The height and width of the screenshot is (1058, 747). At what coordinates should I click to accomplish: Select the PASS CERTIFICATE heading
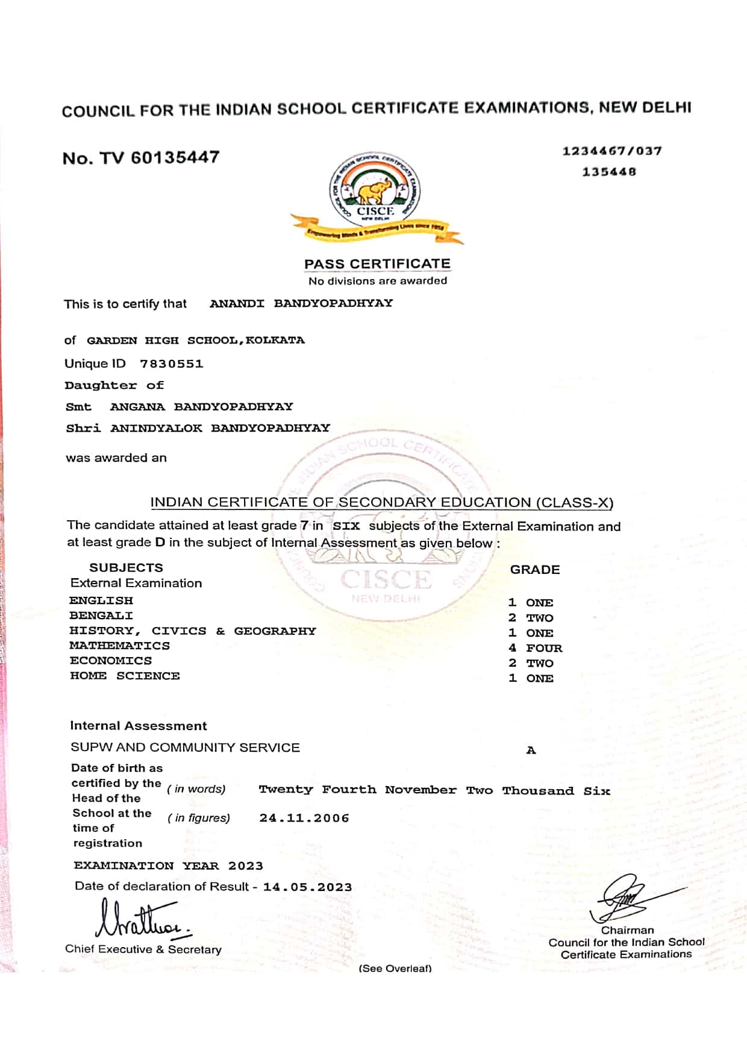pyautogui.click(x=377, y=264)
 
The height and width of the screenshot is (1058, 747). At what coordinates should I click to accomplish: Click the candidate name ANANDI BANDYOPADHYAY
pyautogui.click(x=301, y=303)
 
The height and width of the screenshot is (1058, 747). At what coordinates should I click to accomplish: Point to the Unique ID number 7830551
pyautogui.click(x=172, y=364)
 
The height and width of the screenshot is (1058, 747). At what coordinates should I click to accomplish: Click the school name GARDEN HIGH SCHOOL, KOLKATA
pyautogui.click(x=195, y=340)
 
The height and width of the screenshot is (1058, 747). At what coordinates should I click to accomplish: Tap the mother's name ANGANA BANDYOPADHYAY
pyautogui.click(x=201, y=406)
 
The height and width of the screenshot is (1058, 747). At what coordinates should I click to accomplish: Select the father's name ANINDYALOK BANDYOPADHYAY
pyautogui.click(x=220, y=428)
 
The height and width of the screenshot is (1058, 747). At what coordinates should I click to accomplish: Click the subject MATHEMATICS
pyautogui.click(x=119, y=646)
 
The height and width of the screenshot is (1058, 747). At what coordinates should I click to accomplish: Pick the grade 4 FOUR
pyautogui.click(x=535, y=648)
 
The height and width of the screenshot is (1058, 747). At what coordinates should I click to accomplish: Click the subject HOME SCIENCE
pyautogui.click(x=125, y=676)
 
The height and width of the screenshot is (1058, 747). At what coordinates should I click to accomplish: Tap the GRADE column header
pyautogui.click(x=535, y=570)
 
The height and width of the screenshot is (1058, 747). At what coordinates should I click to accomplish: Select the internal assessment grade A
pyautogui.click(x=531, y=750)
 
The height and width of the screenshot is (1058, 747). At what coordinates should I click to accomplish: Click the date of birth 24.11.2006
pyautogui.click(x=304, y=818)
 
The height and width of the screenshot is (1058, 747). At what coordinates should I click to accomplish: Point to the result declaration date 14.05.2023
pyautogui.click(x=307, y=887)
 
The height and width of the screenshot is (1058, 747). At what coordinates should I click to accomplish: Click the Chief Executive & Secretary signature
pyautogui.click(x=142, y=919)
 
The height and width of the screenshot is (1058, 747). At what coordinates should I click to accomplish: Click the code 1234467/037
pyautogui.click(x=612, y=151)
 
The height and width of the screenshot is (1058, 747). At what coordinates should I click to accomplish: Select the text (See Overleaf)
pyautogui.click(x=395, y=968)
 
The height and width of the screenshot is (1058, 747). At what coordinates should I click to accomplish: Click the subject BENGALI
pyautogui.click(x=101, y=616)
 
